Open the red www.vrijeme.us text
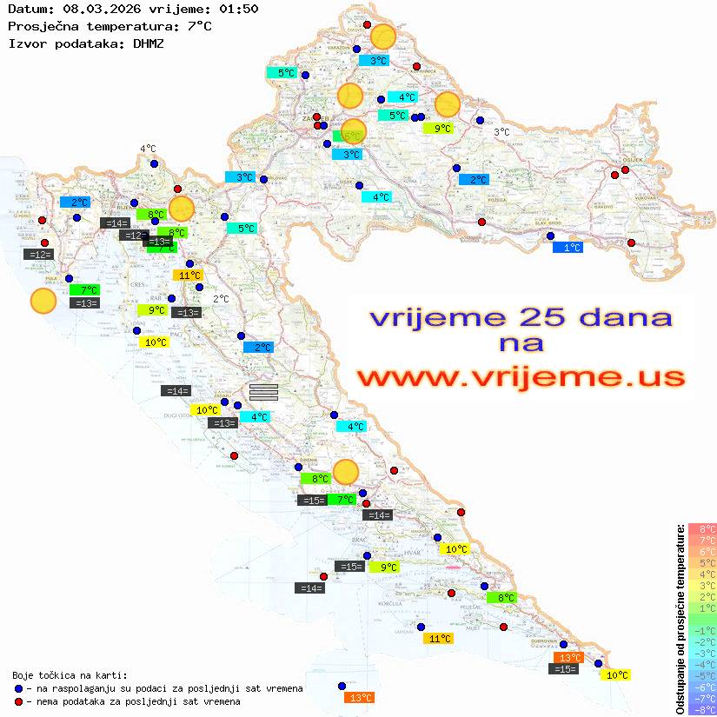pos(521,377)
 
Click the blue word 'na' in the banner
pos(521,343)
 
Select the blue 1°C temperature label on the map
pos(568,248)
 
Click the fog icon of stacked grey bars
pos(263,392)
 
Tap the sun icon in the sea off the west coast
pos(43,301)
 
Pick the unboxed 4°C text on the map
pos(148,149)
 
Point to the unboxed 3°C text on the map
pos(501,132)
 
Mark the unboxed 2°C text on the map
pos(221,298)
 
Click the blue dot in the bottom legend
pos(19,688)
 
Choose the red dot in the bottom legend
pos(19,701)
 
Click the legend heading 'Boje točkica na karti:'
pos(70,675)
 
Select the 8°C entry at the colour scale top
pos(701,528)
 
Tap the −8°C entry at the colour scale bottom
pos(701,709)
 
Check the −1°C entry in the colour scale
pos(701,630)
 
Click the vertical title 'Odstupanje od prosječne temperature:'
pos(680,620)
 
